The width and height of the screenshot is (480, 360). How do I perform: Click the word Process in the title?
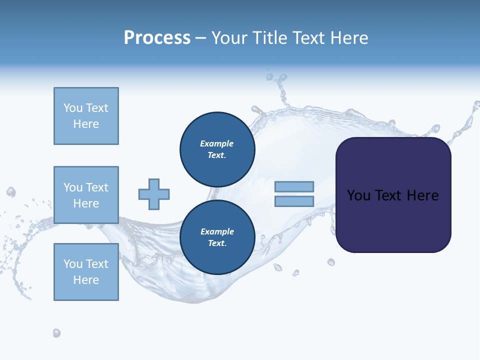click(157, 38)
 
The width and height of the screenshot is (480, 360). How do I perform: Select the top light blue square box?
click(86, 116)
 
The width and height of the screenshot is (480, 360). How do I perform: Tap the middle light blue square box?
click(86, 195)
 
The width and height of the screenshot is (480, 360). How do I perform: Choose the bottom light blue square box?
click(86, 272)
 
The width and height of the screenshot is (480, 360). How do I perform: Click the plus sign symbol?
click(154, 194)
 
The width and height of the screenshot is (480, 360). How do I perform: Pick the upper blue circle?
click(217, 149)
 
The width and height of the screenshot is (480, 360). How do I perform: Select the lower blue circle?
click(217, 237)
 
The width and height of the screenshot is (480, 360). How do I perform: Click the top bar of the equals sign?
click(294, 186)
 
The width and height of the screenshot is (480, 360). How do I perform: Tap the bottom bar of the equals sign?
click(294, 201)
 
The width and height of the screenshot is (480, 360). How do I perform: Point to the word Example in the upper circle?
click(216, 143)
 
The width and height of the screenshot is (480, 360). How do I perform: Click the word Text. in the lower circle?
click(217, 243)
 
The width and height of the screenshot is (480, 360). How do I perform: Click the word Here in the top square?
click(86, 124)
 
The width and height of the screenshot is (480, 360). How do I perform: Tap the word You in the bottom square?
click(73, 264)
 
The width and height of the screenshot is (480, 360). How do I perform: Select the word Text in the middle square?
click(97, 187)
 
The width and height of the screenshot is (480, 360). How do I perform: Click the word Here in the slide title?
click(347, 38)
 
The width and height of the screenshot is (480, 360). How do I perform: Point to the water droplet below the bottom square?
click(56, 333)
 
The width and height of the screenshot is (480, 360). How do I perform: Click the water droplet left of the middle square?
click(11, 192)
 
